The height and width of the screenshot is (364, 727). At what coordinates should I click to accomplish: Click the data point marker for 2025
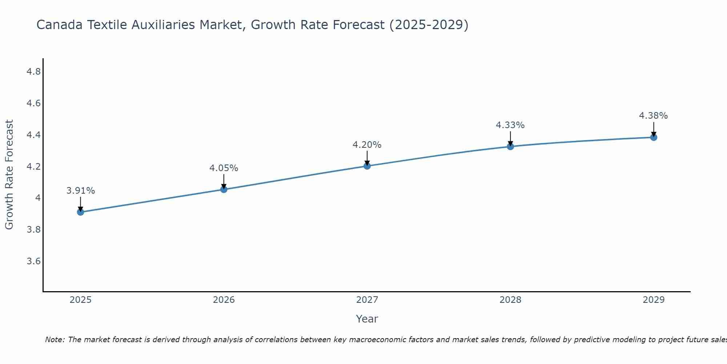[x=80, y=212]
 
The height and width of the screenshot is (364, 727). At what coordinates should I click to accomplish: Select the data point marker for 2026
[x=224, y=189]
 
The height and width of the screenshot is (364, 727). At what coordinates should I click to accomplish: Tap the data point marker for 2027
[x=367, y=166]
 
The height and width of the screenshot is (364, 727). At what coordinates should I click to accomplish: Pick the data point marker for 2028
[x=510, y=146]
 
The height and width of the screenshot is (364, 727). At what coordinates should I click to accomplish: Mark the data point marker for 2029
[x=653, y=137]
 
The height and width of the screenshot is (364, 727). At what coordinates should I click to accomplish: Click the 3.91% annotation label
[x=80, y=191]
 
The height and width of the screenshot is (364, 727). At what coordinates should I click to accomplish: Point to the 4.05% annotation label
[x=224, y=168]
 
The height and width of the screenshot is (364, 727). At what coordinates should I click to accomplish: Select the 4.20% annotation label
[x=367, y=145]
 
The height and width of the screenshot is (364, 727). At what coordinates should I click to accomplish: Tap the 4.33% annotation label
[x=510, y=125]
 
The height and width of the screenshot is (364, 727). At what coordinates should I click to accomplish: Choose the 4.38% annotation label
[x=653, y=116]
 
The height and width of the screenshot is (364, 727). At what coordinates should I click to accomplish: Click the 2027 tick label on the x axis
[x=367, y=300]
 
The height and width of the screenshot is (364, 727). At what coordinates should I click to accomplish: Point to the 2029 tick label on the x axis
[x=653, y=300]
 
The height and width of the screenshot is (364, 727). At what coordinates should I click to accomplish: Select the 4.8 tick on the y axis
[x=33, y=72]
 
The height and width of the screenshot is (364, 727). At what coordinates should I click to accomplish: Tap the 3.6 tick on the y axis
[x=33, y=261]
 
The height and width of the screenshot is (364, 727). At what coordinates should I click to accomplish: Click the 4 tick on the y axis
[x=38, y=198]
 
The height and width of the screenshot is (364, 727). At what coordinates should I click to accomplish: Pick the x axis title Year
[x=367, y=319]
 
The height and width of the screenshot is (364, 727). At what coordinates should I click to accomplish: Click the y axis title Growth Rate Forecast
[x=9, y=175]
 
